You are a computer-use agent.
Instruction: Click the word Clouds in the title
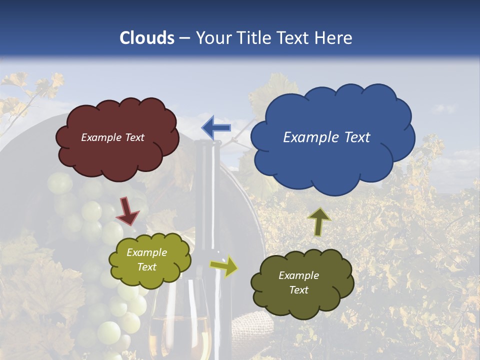[147, 38]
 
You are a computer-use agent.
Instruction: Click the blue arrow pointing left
[216, 128]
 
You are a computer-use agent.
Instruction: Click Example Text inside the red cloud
[112, 137]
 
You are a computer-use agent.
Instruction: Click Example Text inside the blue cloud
[326, 137]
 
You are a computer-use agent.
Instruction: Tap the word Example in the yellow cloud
[146, 253]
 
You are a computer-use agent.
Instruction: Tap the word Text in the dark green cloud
[298, 290]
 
